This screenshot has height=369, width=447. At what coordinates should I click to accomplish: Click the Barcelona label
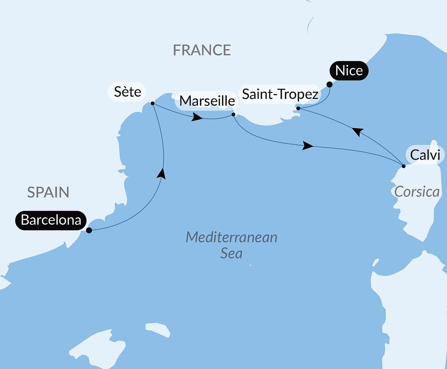click(51, 220)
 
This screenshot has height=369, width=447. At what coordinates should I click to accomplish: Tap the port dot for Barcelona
click(89, 230)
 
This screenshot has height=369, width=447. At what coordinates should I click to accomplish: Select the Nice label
click(349, 71)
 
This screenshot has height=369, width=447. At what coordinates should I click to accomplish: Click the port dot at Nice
click(329, 84)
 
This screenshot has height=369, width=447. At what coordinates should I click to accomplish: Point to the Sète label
click(127, 92)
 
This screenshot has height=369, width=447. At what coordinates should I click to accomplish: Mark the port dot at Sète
click(152, 103)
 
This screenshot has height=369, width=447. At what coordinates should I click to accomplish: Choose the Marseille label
click(207, 101)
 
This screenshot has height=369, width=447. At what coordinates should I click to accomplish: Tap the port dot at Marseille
click(233, 114)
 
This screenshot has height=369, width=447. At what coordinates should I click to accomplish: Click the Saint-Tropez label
click(280, 94)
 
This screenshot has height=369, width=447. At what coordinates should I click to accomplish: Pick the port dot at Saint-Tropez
click(298, 108)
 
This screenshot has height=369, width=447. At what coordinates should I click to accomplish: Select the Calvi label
click(425, 155)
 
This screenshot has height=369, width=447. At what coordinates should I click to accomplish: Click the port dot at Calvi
click(403, 166)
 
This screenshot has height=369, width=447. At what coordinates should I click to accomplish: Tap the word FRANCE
click(202, 50)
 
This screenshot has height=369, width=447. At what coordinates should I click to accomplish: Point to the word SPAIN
click(48, 192)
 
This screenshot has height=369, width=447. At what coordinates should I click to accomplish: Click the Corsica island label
click(417, 192)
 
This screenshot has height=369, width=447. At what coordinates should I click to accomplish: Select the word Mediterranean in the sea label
click(231, 237)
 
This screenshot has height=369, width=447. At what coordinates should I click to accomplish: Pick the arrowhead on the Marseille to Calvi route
click(307, 146)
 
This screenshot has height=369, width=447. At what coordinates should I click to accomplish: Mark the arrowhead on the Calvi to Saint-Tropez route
click(358, 131)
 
